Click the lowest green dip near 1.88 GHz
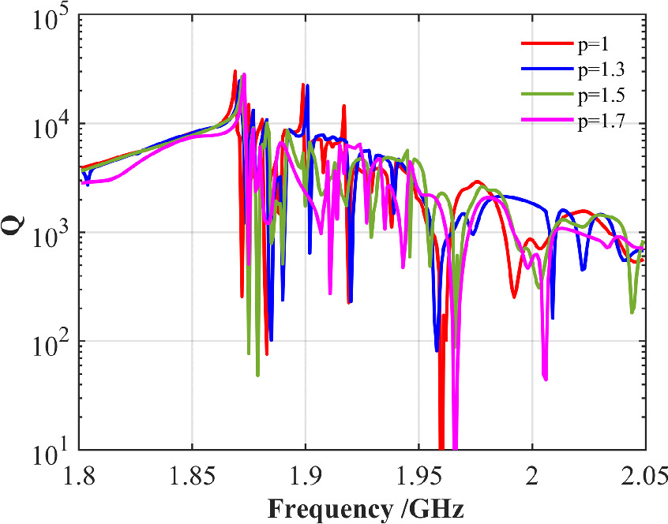pyautogui.click(x=258, y=375)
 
